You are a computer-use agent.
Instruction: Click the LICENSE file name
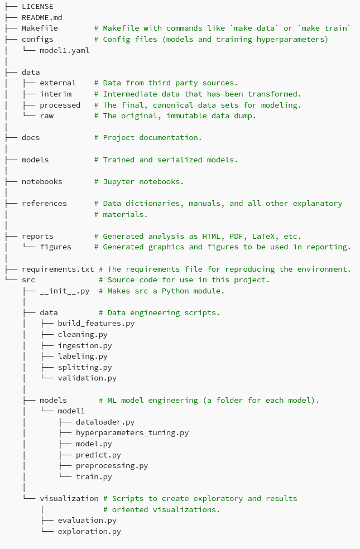pyautogui.click(x=37, y=6)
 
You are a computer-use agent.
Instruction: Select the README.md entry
pyautogui.click(x=42, y=17)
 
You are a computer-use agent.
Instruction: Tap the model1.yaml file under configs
pyautogui.click(x=64, y=50)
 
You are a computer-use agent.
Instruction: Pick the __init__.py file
pyautogui.click(x=64, y=291)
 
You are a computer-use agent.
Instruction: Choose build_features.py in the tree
pyautogui.click(x=96, y=323)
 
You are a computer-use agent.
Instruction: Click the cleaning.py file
pyautogui.click(x=83, y=334)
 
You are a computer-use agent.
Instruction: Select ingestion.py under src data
pyautogui.click(x=85, y=345)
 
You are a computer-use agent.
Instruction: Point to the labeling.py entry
pyautogui.click(x=83, y=356)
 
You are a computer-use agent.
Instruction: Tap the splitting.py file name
pyautogui.click(x=85, y=367)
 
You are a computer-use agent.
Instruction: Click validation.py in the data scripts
pyautogui.click(x=87, y=378)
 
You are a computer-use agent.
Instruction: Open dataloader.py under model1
pyautogui.click(x=105, y=422)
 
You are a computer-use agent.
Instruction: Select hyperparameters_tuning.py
pyautogui.click(x=132, y=432)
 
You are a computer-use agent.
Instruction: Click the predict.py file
pyautogui.click(x=98, y=455)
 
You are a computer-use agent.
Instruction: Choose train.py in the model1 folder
pyautogui.click(x=94, y=476)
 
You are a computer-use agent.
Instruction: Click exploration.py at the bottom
pyautogui.click(x=89, y=531)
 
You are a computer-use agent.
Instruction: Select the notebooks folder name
pyautogui.click(x=42, y=181)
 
